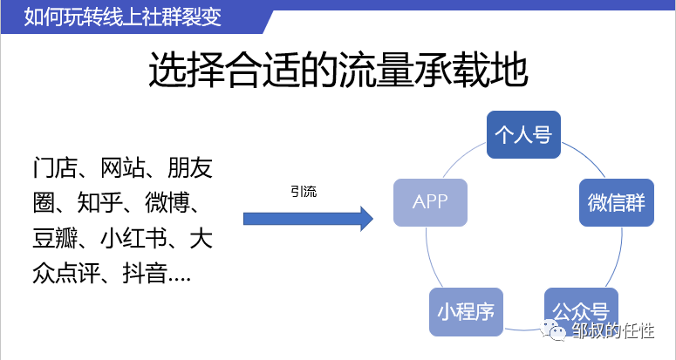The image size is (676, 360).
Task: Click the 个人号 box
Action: [x=522, y=134]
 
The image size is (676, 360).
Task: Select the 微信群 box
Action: [x=616, y=202]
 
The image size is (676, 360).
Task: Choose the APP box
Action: [x=430, y=202]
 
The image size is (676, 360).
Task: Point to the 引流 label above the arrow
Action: [x=304, y=192]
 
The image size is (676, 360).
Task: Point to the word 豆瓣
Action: [x=56, y=239]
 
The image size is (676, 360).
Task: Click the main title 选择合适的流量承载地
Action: [x=338, y=71]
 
